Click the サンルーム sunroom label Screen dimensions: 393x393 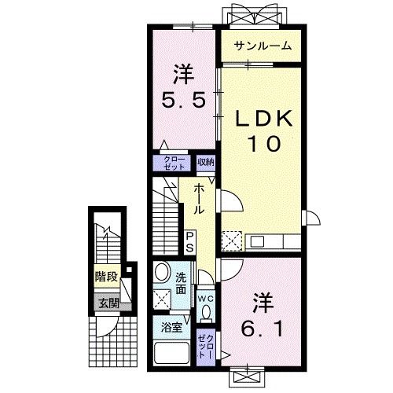click(x=262, y=46)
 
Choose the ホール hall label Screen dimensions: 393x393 click(x=199, y=200)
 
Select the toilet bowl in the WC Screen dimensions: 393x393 click(x=206, y=313)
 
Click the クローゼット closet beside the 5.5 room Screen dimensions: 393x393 click(x=174, y=163)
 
